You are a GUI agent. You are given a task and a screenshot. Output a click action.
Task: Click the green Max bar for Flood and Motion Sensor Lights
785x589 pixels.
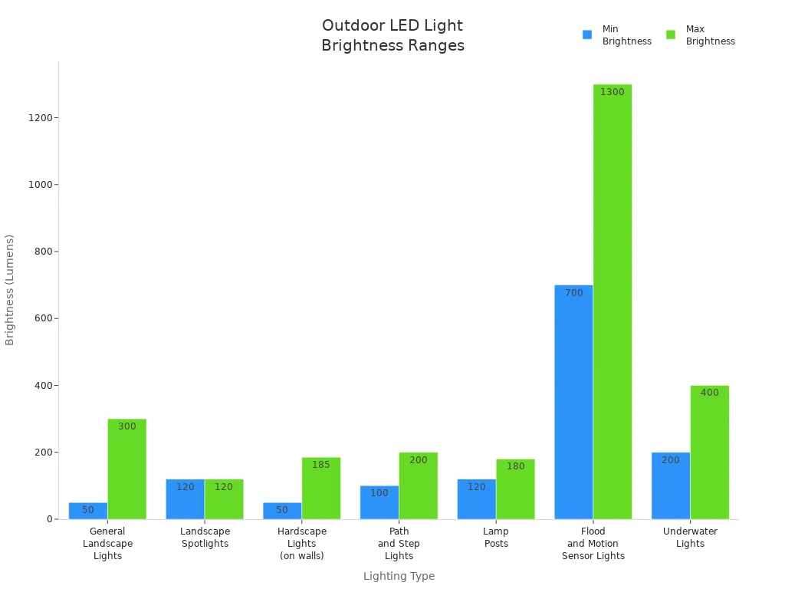coord(613,307)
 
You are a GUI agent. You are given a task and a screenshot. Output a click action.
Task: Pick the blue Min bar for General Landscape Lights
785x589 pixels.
coord(88,512)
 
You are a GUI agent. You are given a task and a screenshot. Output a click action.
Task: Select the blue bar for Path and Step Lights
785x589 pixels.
coord(379,503)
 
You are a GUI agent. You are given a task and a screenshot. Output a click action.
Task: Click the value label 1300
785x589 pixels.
coord(612,92)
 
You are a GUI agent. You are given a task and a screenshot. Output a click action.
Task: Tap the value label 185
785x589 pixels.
coord(320,465)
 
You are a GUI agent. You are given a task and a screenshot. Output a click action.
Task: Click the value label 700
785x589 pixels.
coord(573,293)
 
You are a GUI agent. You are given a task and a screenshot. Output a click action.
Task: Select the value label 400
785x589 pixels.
coord(709,393)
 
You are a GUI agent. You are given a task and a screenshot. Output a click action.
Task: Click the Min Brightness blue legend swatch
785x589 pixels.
coord(587,35)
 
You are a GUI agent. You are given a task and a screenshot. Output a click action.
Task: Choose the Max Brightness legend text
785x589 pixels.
coord(710,35)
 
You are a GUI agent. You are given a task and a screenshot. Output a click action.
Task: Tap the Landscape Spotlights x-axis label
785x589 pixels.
coord(205,538)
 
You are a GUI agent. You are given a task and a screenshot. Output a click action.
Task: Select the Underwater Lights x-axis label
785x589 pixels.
coord(690,538)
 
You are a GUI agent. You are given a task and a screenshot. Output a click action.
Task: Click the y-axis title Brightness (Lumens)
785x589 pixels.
coord(10,290)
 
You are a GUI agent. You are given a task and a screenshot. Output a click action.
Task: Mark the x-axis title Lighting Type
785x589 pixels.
coord(399,576)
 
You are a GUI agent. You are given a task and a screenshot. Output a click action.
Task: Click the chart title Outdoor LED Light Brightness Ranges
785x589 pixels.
coord(392,35)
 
